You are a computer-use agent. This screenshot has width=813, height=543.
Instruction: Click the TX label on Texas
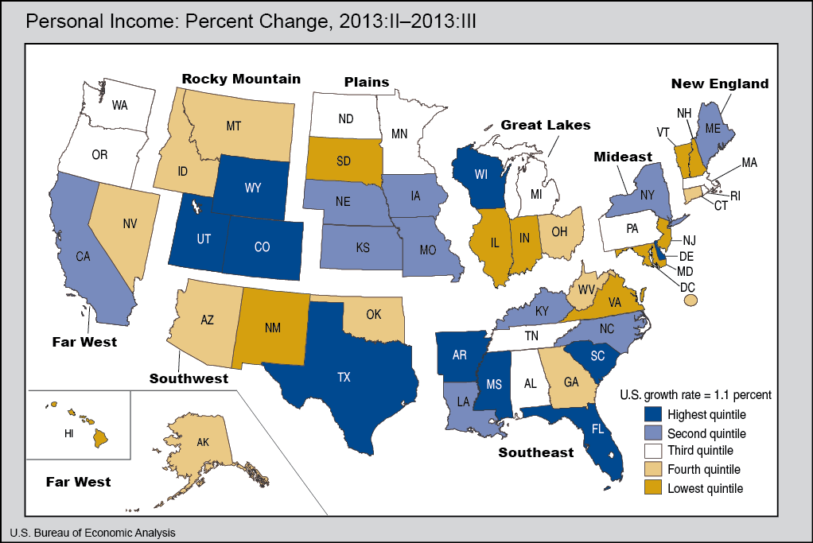click(x=344, y=378)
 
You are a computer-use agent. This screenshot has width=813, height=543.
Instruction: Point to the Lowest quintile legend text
click(x=705, y=488)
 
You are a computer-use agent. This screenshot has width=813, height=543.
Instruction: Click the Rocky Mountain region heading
click(x=241, y=79)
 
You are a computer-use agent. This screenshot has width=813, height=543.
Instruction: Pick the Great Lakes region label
click(x=545, y=125)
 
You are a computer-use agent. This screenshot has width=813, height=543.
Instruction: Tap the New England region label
click(x=719, y=83)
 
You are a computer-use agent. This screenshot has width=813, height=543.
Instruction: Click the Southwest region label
click(x=189, y=378)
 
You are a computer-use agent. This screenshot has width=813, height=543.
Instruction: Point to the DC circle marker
click(x=690, y=300)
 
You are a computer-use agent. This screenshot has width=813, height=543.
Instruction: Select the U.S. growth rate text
click(x=694, y=394)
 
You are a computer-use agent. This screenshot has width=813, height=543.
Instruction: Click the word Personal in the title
click(x=60, y=21)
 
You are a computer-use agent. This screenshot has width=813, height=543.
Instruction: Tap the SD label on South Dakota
click(x=344, y=161)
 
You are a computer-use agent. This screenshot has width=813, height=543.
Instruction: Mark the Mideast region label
click(x=624, y=157)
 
